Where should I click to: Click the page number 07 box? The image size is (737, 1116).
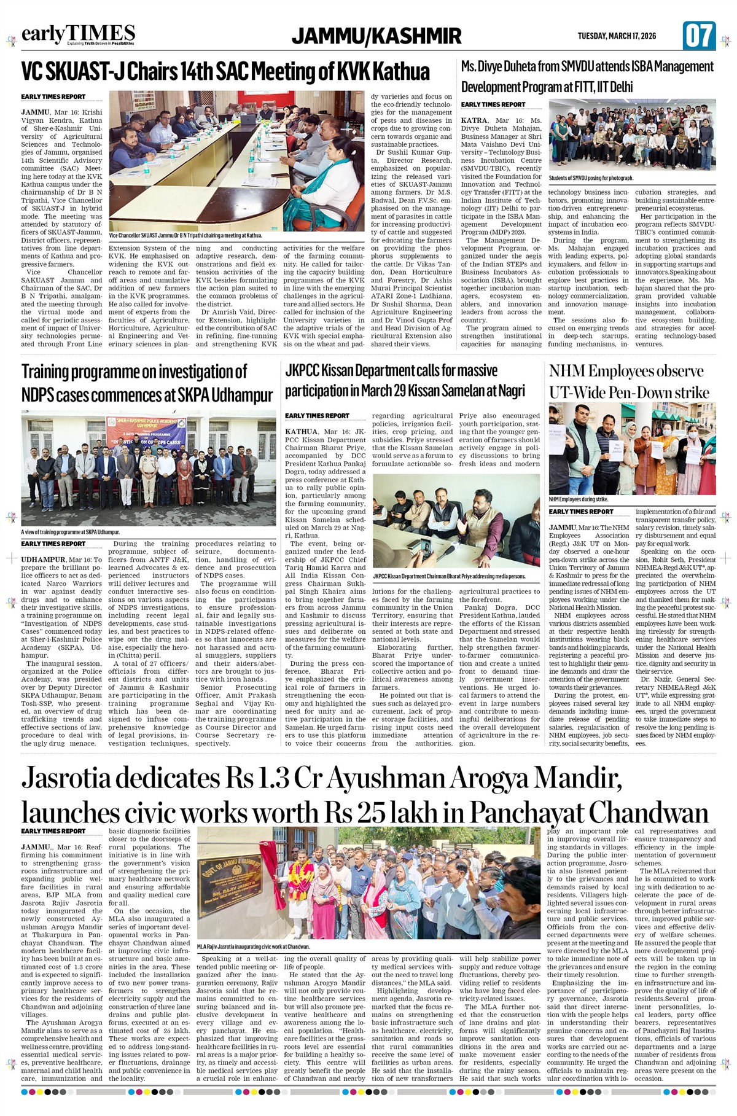(x=699, y=36)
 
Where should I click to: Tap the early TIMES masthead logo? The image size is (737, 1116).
(x=78, y=34)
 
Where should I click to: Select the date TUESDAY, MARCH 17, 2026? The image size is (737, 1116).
(x=617, y=36)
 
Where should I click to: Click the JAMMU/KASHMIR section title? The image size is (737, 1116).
(x=376, y=36)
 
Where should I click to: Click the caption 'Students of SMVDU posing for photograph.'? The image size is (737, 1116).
(x=591, y=178)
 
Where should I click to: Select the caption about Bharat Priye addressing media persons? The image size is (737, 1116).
(x=449, y=577)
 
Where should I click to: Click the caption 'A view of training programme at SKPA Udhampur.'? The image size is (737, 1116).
(x=71, y=532)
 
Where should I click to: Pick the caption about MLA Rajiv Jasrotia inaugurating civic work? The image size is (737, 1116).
(x=254, y=946)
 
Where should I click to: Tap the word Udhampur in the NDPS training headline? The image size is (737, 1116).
(x=237, y=395)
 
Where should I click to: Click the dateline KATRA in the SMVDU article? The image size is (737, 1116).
(x=475, y=120)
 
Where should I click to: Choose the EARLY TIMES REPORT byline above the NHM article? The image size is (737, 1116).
(x=581, y=512)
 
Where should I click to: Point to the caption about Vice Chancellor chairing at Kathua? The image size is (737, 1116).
(x=185, y=235)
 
